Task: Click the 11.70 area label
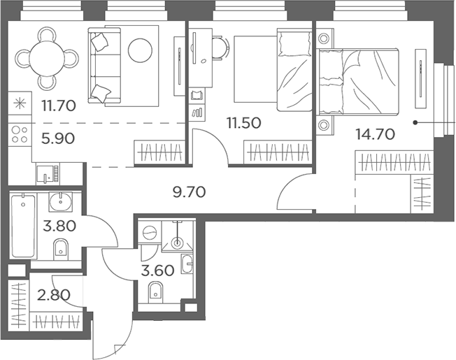pos(59,105)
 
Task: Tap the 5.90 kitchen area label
pos(58,138)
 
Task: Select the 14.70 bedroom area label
pos(376,134)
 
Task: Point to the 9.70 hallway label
pos(190,192)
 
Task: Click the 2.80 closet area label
pos(54,295)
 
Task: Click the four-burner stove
pos(20,135)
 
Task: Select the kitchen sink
pos(45,174)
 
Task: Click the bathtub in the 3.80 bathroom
pos(23,226)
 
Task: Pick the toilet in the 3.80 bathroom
pos(60,250)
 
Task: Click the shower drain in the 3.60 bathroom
pos(177,242)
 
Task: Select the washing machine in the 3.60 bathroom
pos(150,232)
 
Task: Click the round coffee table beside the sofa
pos(140,50)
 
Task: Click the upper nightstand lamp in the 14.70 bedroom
pos(323,38)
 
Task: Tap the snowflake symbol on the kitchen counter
pos(20,103)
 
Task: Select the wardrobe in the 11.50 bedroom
pos(278,152)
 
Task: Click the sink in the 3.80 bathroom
pos(60,201)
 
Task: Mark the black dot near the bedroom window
pos(415,122)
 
